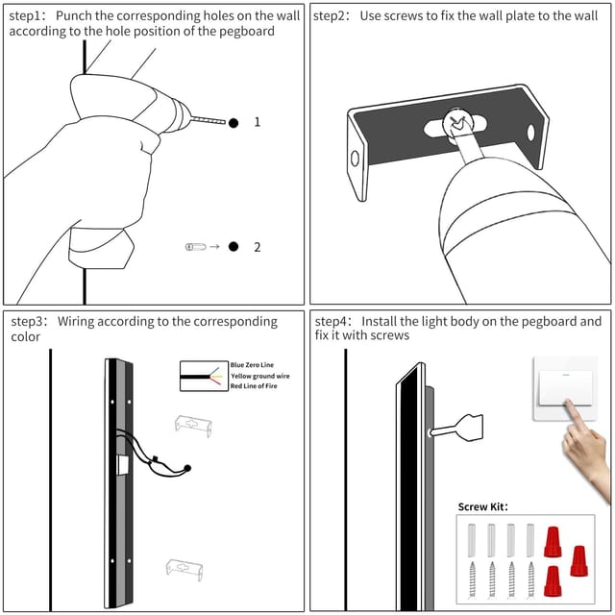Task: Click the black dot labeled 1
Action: coord(234,123)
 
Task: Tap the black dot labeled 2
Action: coord(234,246)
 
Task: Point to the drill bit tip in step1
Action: coord(225,122)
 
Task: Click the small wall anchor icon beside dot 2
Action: coord(195,247)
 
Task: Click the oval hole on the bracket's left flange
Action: coord(355,159)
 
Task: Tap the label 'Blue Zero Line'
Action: coord(252,365)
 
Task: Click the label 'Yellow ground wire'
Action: coord(260,376)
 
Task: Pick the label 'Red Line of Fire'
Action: coord(254,386)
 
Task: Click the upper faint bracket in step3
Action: coord(193,426)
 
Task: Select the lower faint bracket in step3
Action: coord(184,570)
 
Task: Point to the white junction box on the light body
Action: coord(124,465)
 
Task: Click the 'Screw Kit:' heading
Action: coord(482,506)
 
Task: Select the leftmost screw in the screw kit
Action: coord(472,579)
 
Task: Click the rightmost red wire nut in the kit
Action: coord(578,561)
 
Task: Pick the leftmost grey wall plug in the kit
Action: coord(472,540)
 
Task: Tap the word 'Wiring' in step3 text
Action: coord(76,322)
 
